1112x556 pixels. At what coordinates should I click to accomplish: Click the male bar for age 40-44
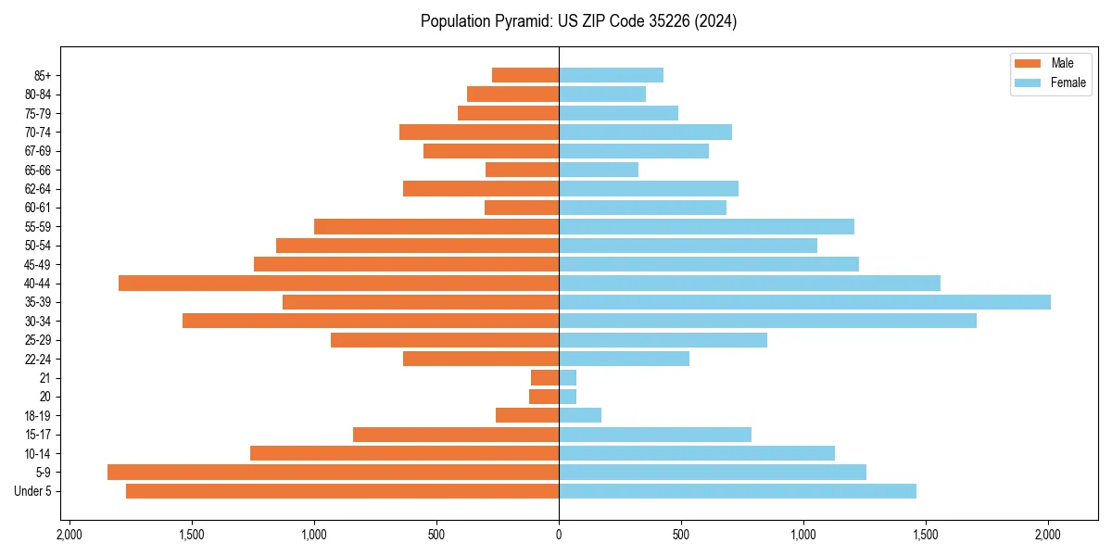click(338, 283)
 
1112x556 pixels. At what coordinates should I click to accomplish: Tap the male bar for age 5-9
click(333, 472)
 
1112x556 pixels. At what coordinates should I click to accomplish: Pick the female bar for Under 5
click(738, 491)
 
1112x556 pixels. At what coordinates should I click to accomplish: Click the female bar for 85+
click(611, 75)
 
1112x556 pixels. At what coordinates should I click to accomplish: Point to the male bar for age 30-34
click(371, 321)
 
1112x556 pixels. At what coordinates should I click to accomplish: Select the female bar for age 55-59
click(706, 226)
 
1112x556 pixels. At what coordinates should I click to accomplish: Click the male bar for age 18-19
click(527, 415)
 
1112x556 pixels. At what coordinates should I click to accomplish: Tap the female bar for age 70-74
click(645, 132)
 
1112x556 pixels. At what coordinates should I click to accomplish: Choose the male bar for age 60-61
click(522, 208)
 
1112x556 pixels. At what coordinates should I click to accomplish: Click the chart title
click(578, 21)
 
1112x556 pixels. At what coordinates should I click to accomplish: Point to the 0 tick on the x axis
click(559, 535)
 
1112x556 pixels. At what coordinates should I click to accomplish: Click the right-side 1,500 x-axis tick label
click(926, 535)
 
